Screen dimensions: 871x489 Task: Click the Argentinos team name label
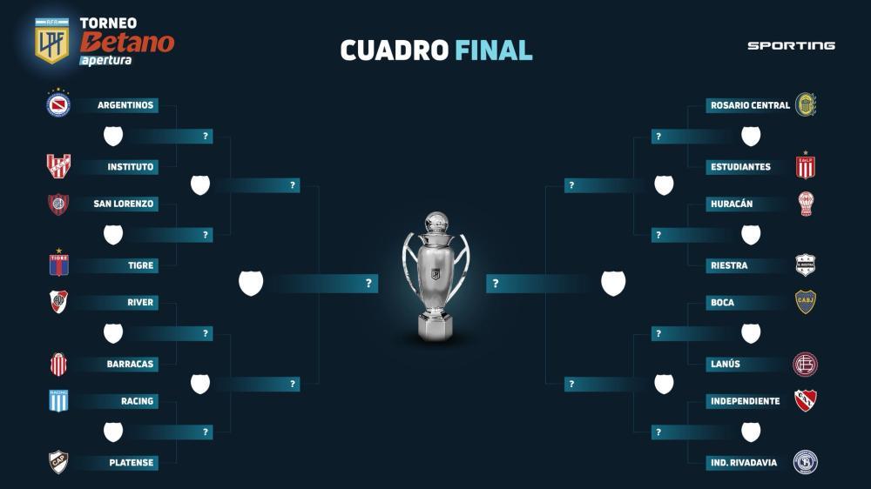[x=125, y=105]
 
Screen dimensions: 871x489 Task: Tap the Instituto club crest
[x=58, y=166]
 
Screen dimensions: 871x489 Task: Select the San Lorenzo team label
[x=124, y=204]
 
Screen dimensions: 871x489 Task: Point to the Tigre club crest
[x=59, y=263]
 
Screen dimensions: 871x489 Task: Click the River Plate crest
[x=58, y=302]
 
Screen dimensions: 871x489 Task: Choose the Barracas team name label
[x=130, y=364]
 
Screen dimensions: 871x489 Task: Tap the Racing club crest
[x=58, y=401]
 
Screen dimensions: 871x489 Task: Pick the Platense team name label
[x=132, y=463]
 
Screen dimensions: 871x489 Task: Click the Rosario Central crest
[x=806, y=104]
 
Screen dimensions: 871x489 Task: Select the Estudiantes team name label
[x=740, y=166]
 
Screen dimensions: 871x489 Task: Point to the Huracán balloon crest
[x=806, y=204]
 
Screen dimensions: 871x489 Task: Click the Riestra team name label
[x=729, y=265]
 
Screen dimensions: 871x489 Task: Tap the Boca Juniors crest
[x=806, y=302]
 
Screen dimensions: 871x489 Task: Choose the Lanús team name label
[x=726, y=364]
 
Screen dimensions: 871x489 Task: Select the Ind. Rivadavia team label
[x=744, y=463]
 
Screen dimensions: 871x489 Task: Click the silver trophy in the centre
[x=436, y=276]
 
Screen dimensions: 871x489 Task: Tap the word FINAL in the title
[x=494, y=50]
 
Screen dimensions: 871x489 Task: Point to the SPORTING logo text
[x=791, y=45]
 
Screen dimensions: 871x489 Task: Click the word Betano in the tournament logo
[x=127, y=42]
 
